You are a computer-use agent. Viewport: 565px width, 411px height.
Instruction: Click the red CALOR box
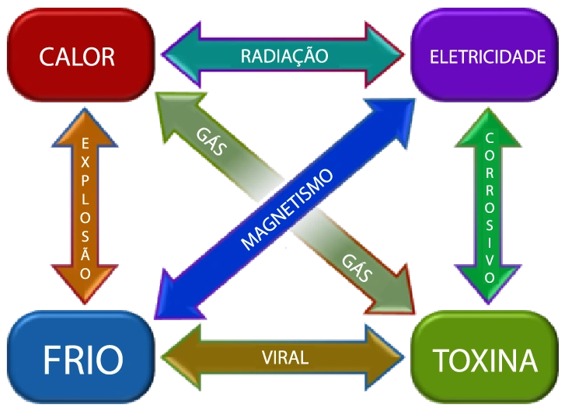77,56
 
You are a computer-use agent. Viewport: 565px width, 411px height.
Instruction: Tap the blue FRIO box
82,360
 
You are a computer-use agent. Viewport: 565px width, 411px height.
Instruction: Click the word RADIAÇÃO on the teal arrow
284,56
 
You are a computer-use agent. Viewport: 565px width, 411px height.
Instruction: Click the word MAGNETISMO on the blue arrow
287,209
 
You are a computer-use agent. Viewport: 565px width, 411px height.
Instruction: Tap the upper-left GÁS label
211,142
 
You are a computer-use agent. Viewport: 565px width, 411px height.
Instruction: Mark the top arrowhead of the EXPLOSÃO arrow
85,123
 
